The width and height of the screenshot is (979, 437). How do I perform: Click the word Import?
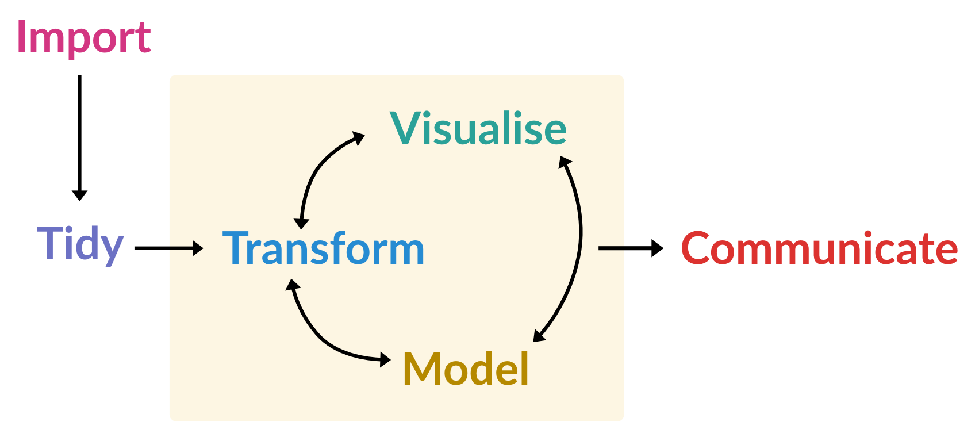[84, 37]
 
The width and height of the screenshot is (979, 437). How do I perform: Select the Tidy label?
[80, 244]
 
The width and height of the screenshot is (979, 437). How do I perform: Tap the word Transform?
[323, 248]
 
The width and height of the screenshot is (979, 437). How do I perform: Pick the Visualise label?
[478, 128]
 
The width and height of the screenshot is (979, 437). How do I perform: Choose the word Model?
[466, 369]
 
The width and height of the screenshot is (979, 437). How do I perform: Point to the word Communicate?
[819, 248]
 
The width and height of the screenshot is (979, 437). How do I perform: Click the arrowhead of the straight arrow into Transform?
[198, 248]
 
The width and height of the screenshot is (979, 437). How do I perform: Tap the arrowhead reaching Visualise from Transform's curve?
[359, 138]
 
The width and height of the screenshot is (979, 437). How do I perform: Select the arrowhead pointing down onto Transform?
[301, 223]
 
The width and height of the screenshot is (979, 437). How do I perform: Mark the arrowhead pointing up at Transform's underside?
[293, 285]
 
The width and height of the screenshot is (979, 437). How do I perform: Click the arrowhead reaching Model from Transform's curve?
[385, 360]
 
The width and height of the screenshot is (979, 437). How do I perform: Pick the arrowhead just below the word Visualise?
[565, 163]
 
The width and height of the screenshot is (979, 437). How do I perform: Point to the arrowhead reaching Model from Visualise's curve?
[539, 335]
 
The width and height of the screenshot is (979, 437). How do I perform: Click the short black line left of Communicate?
[611, 248]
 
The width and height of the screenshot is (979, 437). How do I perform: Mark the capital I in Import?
[21, 37]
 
